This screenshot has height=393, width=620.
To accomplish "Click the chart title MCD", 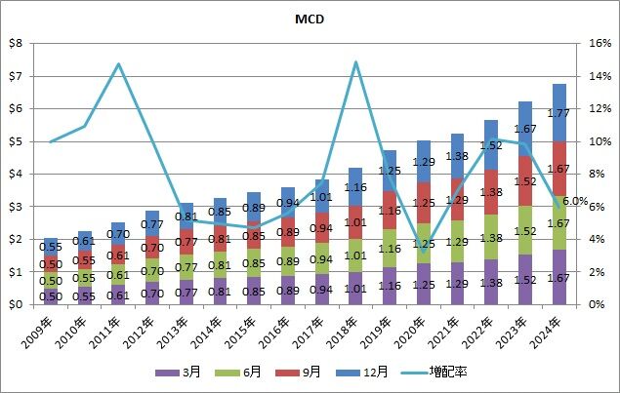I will pyautogui.click(x=310, y=19).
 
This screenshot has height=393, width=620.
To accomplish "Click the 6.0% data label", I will pyautogui.click(x=574, y=201).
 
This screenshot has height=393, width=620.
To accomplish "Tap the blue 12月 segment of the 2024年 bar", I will pyautogui.click(x=559, y=112).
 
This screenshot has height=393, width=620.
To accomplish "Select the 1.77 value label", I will pyautogui.click(x=559, y=113).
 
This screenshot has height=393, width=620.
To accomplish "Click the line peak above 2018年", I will pyautogui.click(x=356, y=62).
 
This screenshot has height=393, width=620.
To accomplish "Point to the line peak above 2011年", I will pyautogui.click(x=118, y=64).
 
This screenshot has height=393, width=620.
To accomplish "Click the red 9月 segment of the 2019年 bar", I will pyautogui.click(x=390, y=211).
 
